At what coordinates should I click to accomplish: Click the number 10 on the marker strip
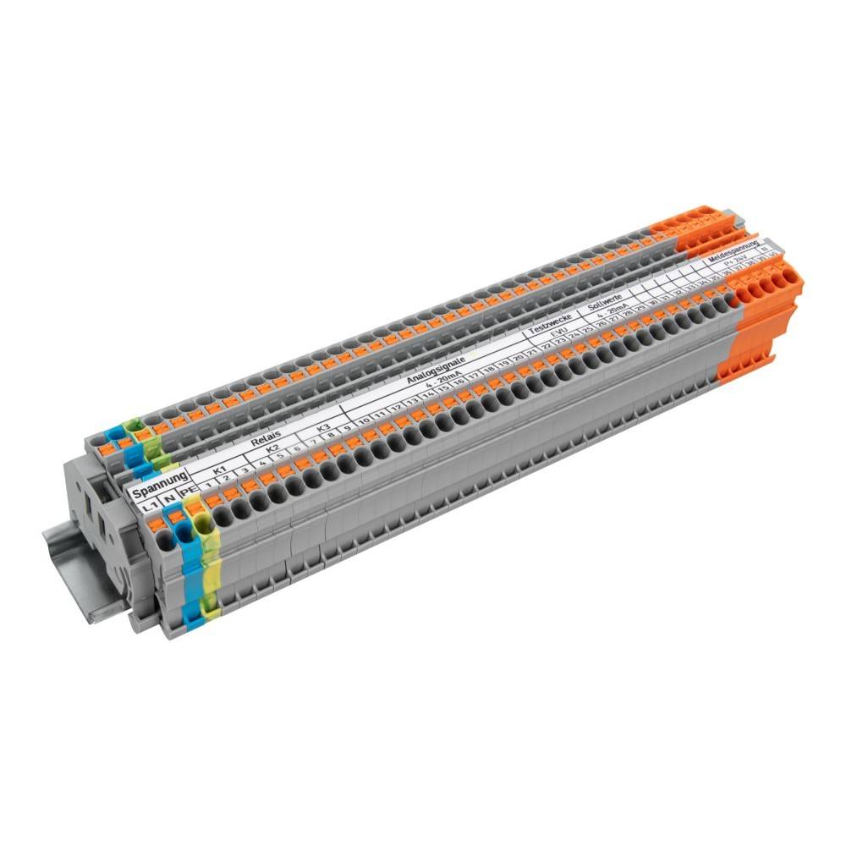point(363,420)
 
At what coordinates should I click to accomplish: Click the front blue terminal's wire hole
point(180,533)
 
